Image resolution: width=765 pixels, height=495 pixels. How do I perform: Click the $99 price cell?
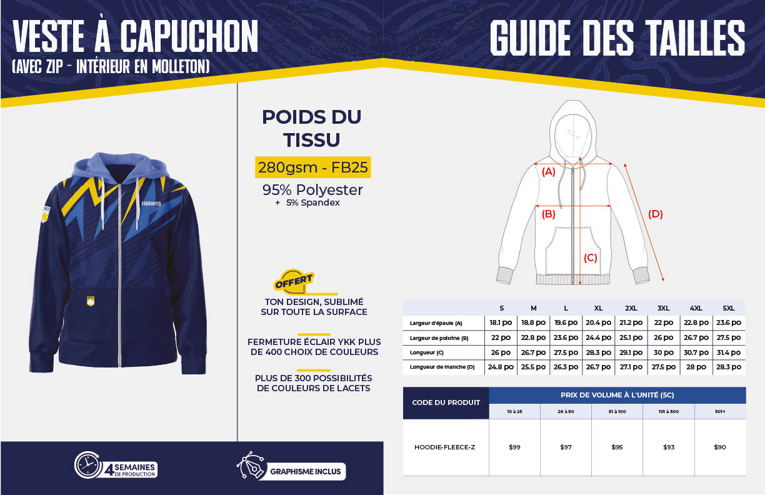coord(514,447)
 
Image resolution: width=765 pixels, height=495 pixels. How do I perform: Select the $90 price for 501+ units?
coord(719,447)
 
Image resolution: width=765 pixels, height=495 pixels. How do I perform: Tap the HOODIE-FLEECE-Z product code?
coord(445,447)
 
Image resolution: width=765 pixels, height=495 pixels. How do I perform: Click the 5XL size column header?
coord(729,308)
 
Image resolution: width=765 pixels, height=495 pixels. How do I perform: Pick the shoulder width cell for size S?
coord(501,322)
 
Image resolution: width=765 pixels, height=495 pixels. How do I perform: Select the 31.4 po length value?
coord(729,352)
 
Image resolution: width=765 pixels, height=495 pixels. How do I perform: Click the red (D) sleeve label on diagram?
coord(655,214)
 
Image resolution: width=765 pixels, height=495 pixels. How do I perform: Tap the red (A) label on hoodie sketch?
coord(548,171)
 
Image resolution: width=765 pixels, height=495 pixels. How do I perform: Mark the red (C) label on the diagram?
coord(591,257)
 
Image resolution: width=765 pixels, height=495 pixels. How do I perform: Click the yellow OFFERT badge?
coord(294,281)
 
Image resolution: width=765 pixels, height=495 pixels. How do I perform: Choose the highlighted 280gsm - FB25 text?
coord(312,167)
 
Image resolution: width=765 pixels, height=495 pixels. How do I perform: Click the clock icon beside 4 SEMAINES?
coord(88,464)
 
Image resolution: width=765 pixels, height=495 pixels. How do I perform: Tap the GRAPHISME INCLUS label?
coord(305,471)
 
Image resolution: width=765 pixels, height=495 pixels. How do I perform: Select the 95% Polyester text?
coord(312,189)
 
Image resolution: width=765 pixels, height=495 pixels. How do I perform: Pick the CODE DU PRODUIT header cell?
coord(446,402)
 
